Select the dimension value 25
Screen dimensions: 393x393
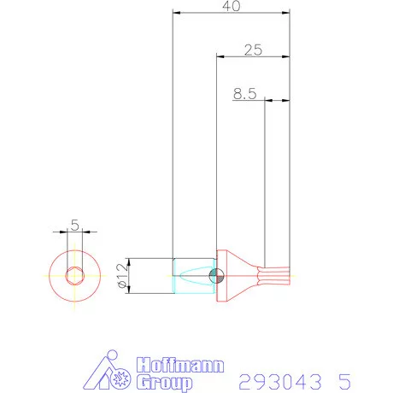click(x=252, y=50)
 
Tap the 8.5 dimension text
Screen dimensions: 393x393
click(x=244, y=94)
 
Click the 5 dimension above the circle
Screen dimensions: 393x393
click(x=74, y=225)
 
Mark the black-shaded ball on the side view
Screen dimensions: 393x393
click(x=217, y=275)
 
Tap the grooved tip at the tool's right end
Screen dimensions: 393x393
click(x=278, y=275)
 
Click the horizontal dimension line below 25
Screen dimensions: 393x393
click(x=252, y=57)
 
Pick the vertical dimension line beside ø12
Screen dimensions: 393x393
click(x=129, y=275)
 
